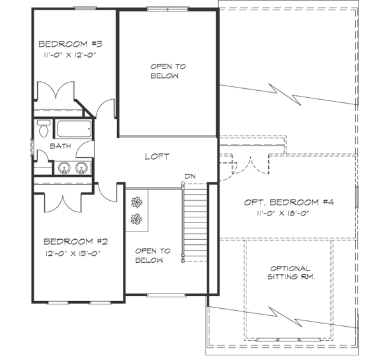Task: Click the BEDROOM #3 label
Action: pyautogui.click(x=71, y=44)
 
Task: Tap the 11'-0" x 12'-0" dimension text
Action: pyautogui.click(x=71, y=56)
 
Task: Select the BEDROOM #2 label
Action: pyautogui.click(x=76, y=242)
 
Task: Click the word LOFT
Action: pyautogui.click(x=157, y=157)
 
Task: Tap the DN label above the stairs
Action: pyautogui.click(x=189, y=176)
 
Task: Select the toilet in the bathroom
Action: pyautogui.click(x=44, y=128)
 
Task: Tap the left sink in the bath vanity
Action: pyautogui.click(x=64, y=168)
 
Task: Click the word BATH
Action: pyautogui.click(x=60, y=146)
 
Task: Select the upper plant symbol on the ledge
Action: pyautogui.click(x=136, y=203)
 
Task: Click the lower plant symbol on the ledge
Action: pyautogui.click(x=136, y=220)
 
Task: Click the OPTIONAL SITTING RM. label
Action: pyautogui.click(x=290, y=272)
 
